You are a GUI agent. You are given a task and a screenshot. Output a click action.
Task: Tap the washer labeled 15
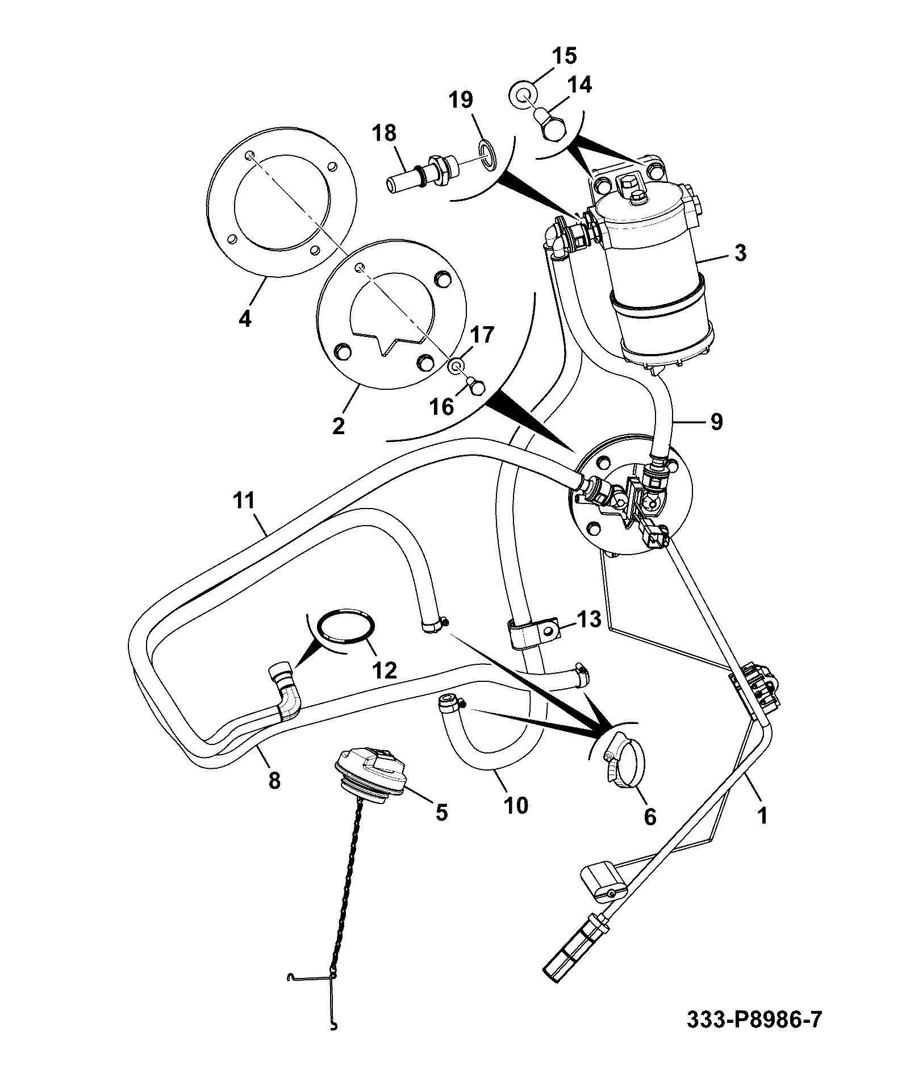[522, 92]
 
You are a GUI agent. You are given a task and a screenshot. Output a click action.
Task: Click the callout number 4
[245, 319]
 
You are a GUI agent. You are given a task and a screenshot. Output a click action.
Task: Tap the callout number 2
[339, 426]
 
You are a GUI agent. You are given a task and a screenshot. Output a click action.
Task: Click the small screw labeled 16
[476, 385]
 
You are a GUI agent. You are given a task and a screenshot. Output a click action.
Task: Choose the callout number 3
[740, 252]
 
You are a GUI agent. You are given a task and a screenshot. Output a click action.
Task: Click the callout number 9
[716, 422]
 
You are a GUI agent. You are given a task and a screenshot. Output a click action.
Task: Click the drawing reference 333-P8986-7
[754, 1020]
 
